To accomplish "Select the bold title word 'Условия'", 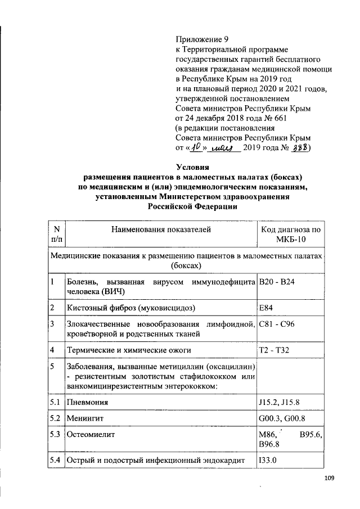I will (193, 167).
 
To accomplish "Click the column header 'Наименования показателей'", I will (161, 229).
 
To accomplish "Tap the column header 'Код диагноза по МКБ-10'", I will (290, 235).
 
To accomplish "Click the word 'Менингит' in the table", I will (85, 419).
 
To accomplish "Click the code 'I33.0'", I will (268, 461).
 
